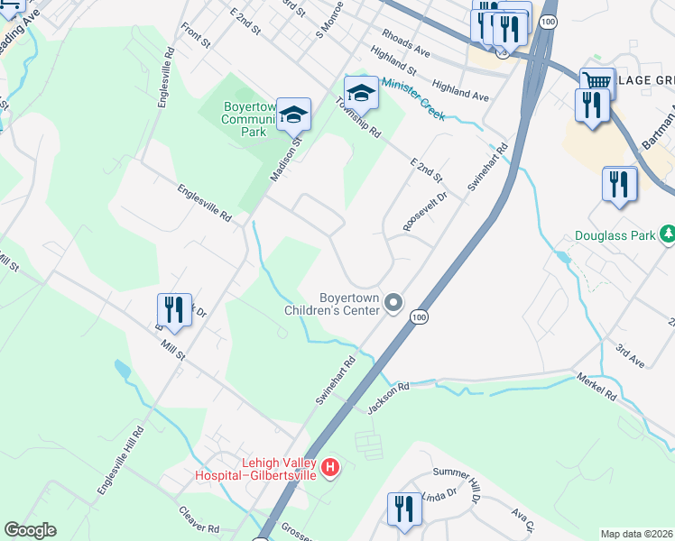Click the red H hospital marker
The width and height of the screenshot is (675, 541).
pos(331,467)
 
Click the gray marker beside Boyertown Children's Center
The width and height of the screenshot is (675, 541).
pos(393,302)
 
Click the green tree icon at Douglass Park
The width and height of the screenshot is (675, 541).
pos(668,235)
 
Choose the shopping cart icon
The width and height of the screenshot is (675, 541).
pos(596,82)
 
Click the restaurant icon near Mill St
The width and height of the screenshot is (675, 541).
pos(174,308)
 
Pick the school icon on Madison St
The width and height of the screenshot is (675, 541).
pos(293,113)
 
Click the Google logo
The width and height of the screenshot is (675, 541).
pos(30,530)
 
